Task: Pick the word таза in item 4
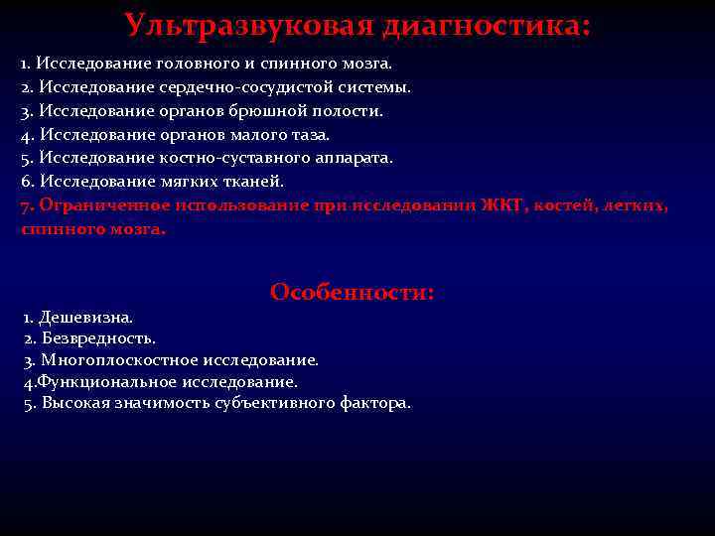(x=310, y=134)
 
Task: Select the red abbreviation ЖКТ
(x=503, y=205)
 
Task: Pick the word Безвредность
(x=98, y=338)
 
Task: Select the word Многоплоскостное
(x=121, y=360)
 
